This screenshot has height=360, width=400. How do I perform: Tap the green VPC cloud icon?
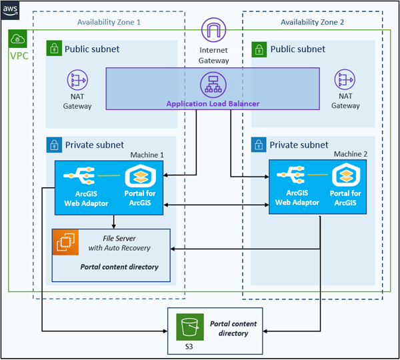tap(18, 39)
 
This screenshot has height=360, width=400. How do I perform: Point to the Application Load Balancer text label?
tap(213, 103)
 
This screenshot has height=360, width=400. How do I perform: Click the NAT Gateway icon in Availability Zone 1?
tap(77, 81)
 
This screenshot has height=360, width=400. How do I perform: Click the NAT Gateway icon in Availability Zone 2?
tap(345, 81)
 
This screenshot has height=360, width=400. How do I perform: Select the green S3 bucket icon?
tap(189, 327)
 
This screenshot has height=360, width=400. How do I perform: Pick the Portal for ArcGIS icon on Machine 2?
tap(345, 176)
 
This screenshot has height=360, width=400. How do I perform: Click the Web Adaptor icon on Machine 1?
tap(78, 176)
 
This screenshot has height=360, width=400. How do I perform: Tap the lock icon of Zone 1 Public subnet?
tap(53, 49)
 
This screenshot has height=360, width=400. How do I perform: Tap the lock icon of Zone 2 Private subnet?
tap(259, 145)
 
